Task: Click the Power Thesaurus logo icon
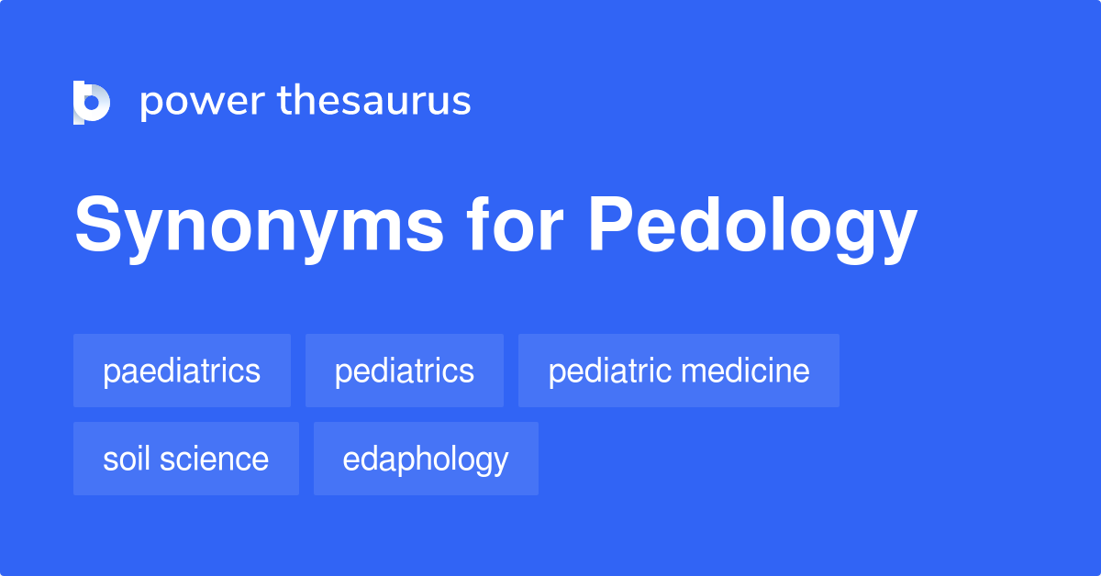click(92, 102)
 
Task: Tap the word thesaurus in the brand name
click(374, 101)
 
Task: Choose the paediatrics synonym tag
click(182, 371)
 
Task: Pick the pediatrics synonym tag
click(404, 371)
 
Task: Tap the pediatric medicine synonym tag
click(678, 371)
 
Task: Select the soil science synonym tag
click(185, 459)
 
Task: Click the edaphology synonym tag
click(426, 459)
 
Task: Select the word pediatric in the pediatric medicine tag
click(608, 371)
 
